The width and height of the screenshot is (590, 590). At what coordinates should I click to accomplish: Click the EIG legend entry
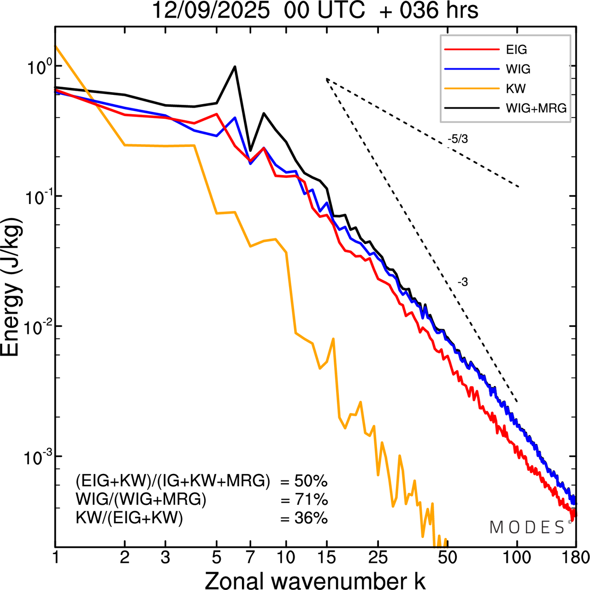tap(516, 50)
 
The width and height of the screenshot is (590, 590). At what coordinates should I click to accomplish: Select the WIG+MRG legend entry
tap(536, 108)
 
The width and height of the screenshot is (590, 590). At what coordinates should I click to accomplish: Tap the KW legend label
tap(516, 88)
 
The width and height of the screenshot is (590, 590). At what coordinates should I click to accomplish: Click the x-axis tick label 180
tap(575, 558)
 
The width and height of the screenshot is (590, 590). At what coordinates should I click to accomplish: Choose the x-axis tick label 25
tap(378, 558)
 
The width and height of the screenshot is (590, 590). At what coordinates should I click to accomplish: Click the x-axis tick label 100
tap(517, 558)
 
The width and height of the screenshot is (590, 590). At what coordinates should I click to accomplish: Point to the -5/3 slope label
tap(457, 139)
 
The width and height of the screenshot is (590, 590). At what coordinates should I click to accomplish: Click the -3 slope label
tap(462, 282)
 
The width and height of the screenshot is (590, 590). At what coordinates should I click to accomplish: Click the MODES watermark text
tap(527, 527)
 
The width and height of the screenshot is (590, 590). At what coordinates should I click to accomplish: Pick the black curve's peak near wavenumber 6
tap(235, 67)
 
